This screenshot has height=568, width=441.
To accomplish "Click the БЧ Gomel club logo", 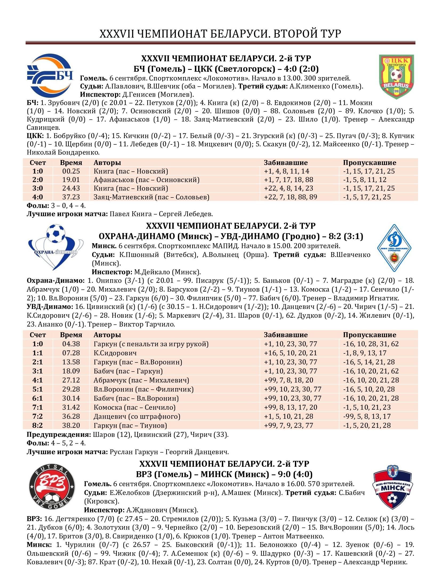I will (x=50, y=76).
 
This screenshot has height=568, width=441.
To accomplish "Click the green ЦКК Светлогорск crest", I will (x=396, y=76).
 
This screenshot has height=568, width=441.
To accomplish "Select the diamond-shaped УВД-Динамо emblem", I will (x=394, y=248).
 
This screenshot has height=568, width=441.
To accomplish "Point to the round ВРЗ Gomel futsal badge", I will (x=52, y=487).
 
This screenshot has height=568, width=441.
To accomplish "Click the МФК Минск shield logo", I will (x=392, y=487).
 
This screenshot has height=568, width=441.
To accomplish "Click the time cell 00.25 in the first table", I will (x=71, y=171).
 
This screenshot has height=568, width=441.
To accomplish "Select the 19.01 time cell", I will (x=71, y=180).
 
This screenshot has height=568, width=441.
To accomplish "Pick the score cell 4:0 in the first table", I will (x=38, y=197).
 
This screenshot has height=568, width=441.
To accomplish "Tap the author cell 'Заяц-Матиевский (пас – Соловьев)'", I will (x=151, y=197).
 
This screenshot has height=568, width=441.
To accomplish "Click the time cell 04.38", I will (x=71, y=344).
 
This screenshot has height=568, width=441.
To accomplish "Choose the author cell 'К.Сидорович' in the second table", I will (x=115, y=353).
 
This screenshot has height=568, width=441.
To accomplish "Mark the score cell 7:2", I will (x=38, y=416).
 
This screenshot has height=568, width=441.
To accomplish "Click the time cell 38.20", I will (x=71, y=425).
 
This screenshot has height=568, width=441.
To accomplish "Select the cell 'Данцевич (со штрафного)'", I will (x=137, y=416).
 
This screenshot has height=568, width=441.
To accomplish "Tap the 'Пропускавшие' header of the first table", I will (x=369, y=163).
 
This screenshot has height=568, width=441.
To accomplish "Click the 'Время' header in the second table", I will (x=71, y=335).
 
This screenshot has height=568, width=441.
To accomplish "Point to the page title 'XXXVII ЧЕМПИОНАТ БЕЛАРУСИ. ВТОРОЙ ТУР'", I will (x=220, y=34).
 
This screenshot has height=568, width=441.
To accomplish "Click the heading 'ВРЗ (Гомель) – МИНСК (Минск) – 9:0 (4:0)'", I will (x=224, y=474).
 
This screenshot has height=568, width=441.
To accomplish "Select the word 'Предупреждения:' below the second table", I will (x=59, y=434).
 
